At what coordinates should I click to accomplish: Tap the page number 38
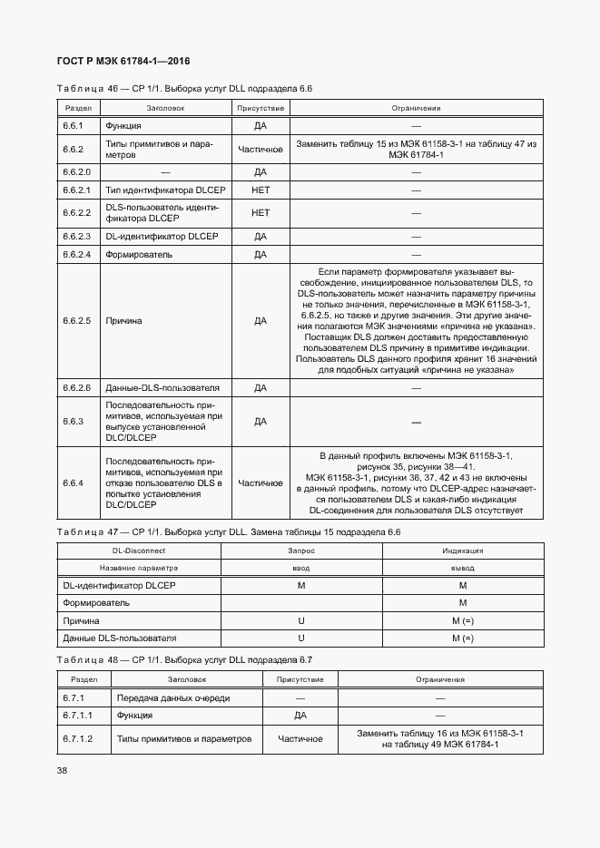[63, 770]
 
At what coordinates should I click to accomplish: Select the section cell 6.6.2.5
[77, 320]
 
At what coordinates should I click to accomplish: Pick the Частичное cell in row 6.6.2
[261, 149]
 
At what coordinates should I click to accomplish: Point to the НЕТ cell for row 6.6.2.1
[261, 190]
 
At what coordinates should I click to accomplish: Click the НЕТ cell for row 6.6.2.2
[261, 213]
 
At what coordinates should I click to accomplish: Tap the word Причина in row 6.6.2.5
[123, 320]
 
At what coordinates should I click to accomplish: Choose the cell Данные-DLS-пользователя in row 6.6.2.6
[162, 387]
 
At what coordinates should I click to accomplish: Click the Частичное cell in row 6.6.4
[261, 483]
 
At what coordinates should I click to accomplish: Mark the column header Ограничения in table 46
[416, 108]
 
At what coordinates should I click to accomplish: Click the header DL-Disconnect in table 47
[138, 550]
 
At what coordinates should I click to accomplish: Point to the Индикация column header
[462, 550]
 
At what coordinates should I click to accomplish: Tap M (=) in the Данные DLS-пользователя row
[462, 638]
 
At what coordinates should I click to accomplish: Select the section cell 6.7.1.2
[78, 739]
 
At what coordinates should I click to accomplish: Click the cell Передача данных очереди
[173, 697]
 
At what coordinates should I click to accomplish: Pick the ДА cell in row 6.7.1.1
[300, 716]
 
